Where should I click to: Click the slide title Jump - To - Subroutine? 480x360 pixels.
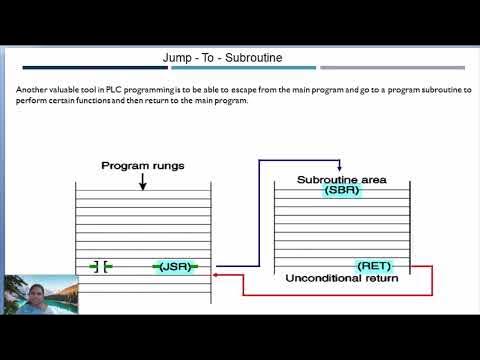click(x=229, y=58)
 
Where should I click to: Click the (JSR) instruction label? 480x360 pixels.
click(x=176, y=266)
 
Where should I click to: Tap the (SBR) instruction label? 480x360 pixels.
click(x=342, y=190)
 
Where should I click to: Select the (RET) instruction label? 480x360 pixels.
click(x=375, y=266)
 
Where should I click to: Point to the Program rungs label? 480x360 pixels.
click(x=143, y=165)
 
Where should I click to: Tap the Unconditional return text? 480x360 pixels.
click(x=341, y=278)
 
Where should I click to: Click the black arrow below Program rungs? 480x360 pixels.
click(x=143, y=181)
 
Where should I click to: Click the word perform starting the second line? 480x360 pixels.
click(x=32, y=101)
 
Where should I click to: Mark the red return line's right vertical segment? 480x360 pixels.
click(x=432, y=280)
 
